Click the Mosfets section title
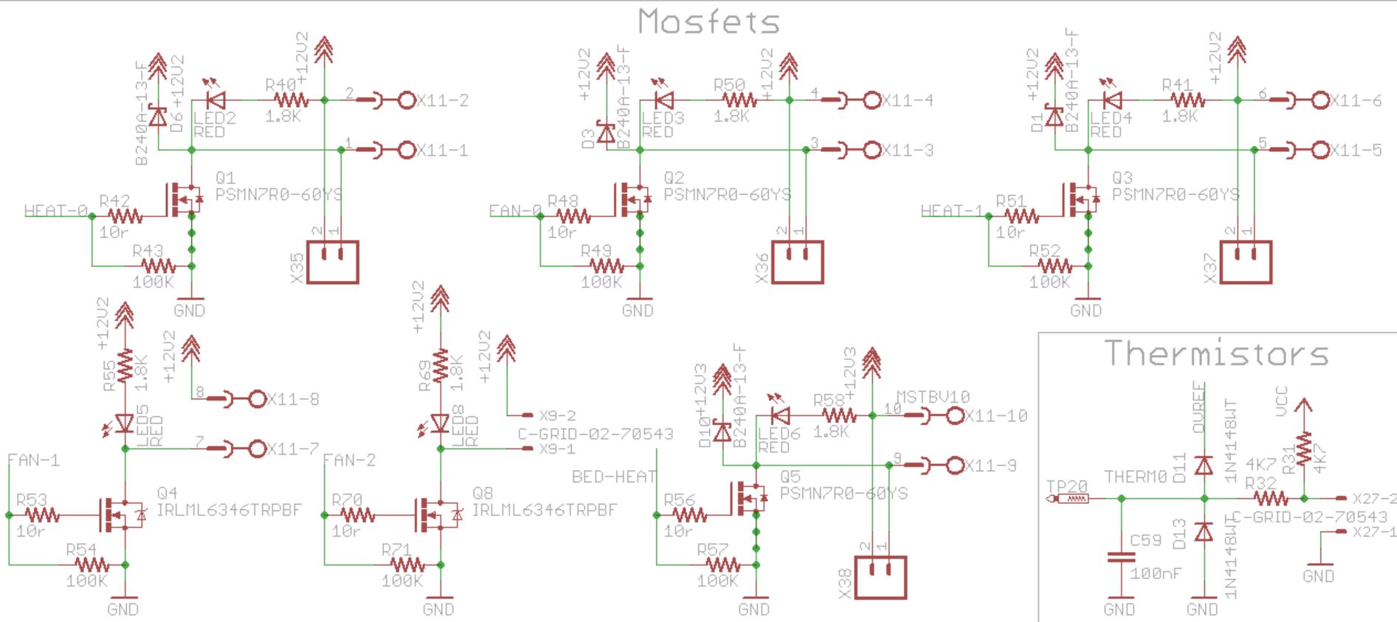point(708,21)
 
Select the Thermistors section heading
point(1216,353)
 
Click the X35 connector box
point(332,262)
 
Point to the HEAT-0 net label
point(55,211)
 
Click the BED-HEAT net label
point(613,477)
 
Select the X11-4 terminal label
point(908,100)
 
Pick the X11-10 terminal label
point(996,416)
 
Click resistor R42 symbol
point(125,216)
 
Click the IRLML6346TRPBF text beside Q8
point(544,510)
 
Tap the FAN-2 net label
point(350,460)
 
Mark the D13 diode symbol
point(1204,531)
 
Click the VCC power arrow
point(1304,407)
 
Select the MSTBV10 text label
point(933,397)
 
